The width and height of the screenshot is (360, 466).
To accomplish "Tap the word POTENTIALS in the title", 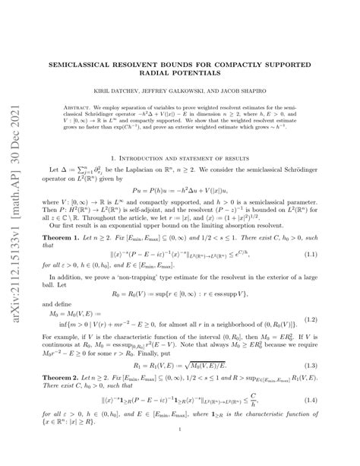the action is pyautogui.click(x=210, y=74).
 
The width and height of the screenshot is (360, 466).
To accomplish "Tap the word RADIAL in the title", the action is pyautogui.click(x=165, y=74).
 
